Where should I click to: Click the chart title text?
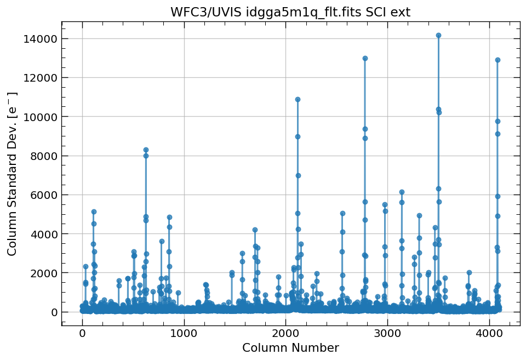coord(290,12)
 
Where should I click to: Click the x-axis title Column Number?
coord(290,348)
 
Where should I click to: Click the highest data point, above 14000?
coord(438,35)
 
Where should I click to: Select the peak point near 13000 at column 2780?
coord(365,58)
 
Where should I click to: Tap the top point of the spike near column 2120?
coord(298,99)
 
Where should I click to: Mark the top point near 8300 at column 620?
coord(146,150)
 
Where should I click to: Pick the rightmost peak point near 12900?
coord(498,60)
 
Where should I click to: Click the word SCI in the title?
coord(375,12)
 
